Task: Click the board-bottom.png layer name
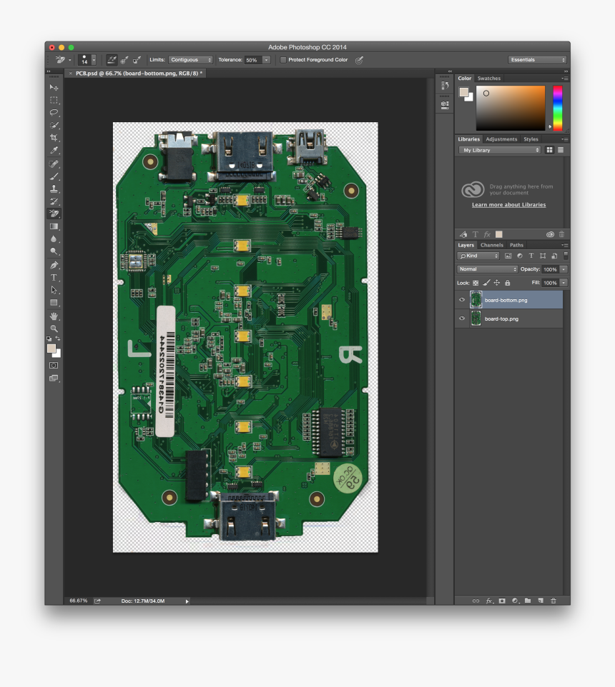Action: (506, 300)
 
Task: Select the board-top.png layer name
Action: (501, 319)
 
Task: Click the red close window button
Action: (52, 47)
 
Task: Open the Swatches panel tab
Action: (489, 79)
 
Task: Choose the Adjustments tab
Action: (501, 139)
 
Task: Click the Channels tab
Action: (492, 245)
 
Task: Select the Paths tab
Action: (516, 245)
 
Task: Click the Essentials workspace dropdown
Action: (537, 60)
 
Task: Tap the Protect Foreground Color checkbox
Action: (283, 60)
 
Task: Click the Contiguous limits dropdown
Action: (191, 60)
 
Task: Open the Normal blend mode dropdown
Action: (488, 269)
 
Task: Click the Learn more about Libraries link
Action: (508, 205)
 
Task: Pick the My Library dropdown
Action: (500, 150)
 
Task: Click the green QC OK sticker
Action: (348, 479)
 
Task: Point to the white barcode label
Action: (165, 371)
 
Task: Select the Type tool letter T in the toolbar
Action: (54, 277)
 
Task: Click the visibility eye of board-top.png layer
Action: (462, 319)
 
